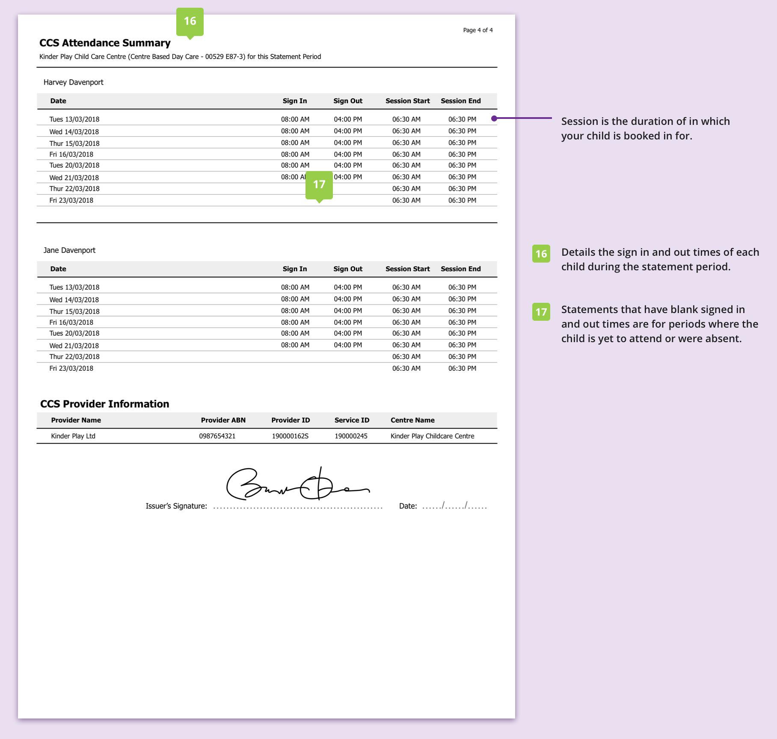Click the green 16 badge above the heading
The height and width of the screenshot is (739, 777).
(x=190, y=21)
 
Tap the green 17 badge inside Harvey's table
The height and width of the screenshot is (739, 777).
(x=319, y=185)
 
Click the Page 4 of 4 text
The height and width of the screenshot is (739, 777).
(x=477, y=30)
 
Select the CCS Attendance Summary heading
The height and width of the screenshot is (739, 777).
(x=105, y=43)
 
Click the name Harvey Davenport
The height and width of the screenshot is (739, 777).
(x=73, y=82)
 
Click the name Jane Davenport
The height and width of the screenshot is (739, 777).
(x=69, y=250)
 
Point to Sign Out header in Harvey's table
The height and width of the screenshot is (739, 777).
(x=347, y=101)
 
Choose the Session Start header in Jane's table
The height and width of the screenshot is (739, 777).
(x=407, y=269)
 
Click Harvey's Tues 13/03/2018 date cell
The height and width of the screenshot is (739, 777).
(x=74, y=119)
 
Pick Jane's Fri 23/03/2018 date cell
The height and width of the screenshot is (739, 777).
(x=71, y=368)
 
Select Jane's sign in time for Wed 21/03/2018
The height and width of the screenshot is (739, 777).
(x=295, y=345)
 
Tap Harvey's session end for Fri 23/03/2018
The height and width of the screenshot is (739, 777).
(x=462, y=200)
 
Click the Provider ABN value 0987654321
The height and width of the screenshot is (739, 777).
(x=217, y=436)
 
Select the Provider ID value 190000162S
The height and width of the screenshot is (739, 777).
(x=290, y=436)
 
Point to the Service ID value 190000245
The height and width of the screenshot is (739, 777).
(x=351, y=436)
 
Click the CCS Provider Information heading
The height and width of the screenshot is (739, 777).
(x=104, y=404)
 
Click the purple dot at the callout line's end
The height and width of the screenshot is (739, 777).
(x=494, y=118)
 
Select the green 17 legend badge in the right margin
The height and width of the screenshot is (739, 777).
(x=541, y=312)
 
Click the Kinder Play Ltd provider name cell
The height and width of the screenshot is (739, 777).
(x=73, y=436)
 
